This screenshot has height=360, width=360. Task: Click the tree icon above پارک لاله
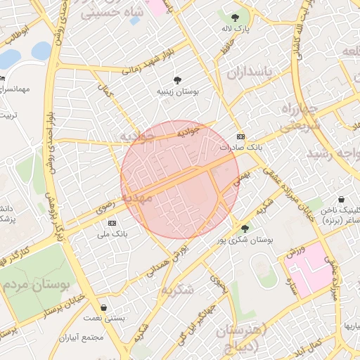tap(235, 18)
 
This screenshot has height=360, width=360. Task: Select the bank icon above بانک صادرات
tap(240, 136)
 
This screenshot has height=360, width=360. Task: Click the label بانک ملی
tap(110, 233)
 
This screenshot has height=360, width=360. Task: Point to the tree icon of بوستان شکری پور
tap(245, 228)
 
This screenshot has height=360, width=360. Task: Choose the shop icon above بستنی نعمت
tap(104, 307)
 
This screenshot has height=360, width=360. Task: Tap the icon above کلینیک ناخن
tap(341, 200)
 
